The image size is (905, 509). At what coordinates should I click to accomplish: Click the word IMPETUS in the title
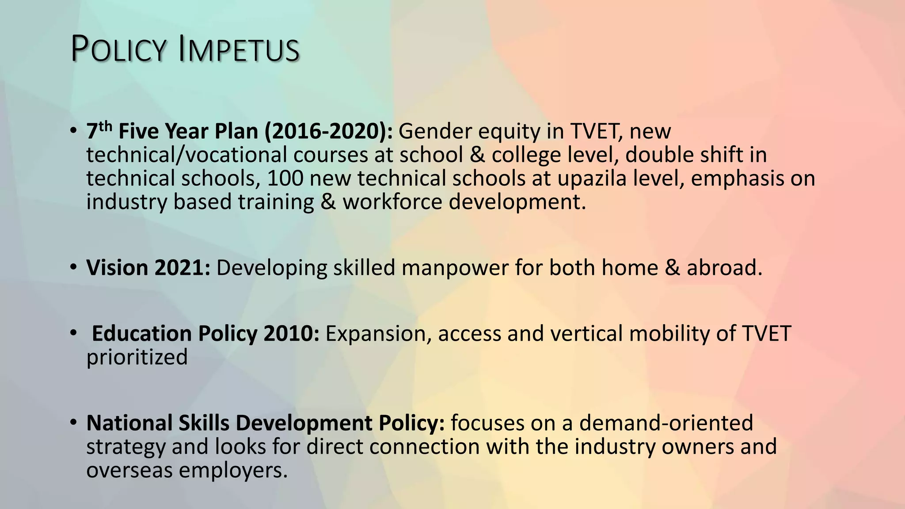coord(239,49)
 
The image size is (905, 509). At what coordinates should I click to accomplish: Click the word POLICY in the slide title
coord(118,49)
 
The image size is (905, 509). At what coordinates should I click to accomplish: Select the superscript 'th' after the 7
coord(105,127)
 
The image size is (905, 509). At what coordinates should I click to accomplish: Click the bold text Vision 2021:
coord(148,268)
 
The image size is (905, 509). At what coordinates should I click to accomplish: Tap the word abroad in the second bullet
coord(724,268)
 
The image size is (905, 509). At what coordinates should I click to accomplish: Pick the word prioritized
coord(137,357)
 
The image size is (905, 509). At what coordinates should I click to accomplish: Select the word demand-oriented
coord(666,423)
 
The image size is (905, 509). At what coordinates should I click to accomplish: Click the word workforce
coord(393,202)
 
